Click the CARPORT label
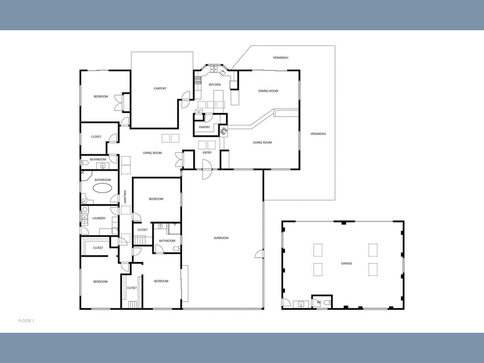click(x=160, y=88)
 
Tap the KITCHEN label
click(x=215, y=85)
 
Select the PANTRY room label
click(x=204, y=127)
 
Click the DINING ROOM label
click(x=268, y=91)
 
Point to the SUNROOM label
click(x=221, y=238)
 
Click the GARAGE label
click(x=346, y=264)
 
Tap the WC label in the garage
click(x=319, y=302)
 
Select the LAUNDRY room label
click(x=99, y=218)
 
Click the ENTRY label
click(x=207, y=153)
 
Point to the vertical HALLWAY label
click(x=125, y=197)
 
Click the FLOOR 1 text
click(x=26, y=321)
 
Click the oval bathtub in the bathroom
click(x=102, y=188)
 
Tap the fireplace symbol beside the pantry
click(x=223, y=131)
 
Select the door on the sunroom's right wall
click(x=260, y=253)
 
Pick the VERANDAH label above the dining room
click(x=281, y=57)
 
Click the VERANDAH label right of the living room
click(x=318, y=134)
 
